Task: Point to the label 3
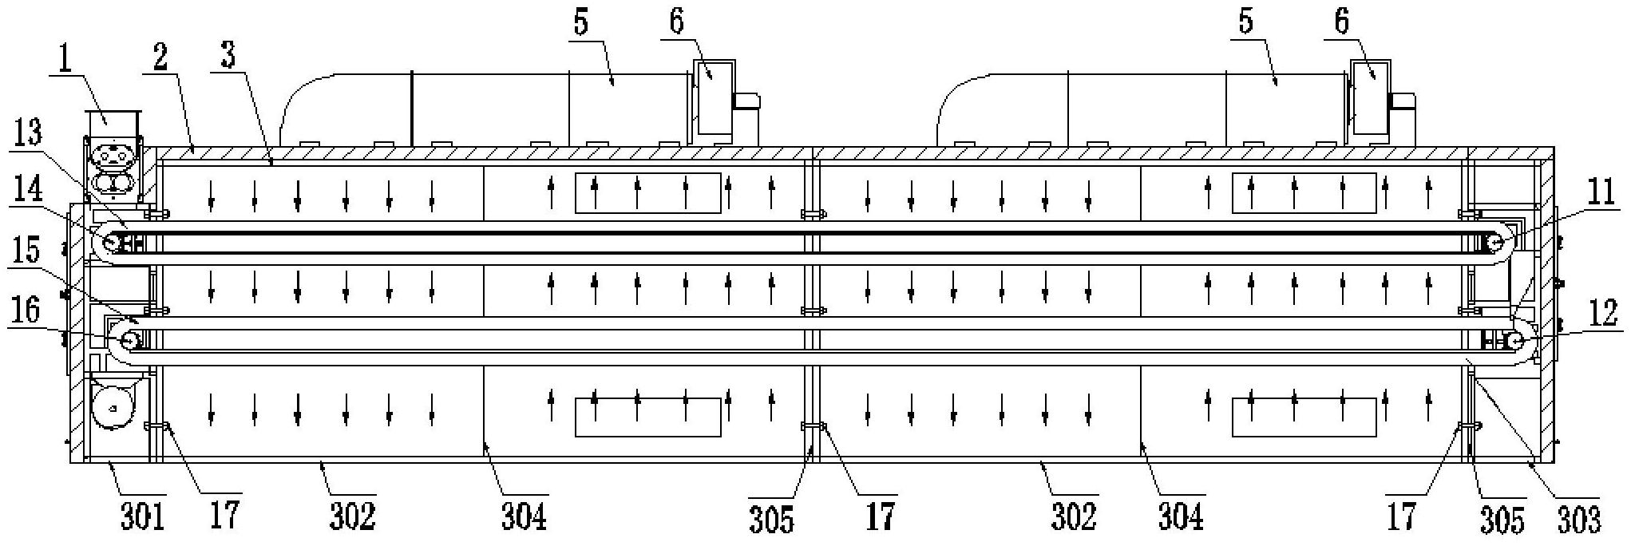[x=228, y=57]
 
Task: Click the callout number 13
[x=30, y=133]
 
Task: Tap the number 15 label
[x=30, y=250]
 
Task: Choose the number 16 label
[x=30, y=311]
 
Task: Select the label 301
[x=142, y=517]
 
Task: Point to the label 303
[x=1578, y=520]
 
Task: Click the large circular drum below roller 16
[x=113, y=407]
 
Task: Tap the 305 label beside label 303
[x=1501, y=520]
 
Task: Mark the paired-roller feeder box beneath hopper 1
[x=113, y=168]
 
